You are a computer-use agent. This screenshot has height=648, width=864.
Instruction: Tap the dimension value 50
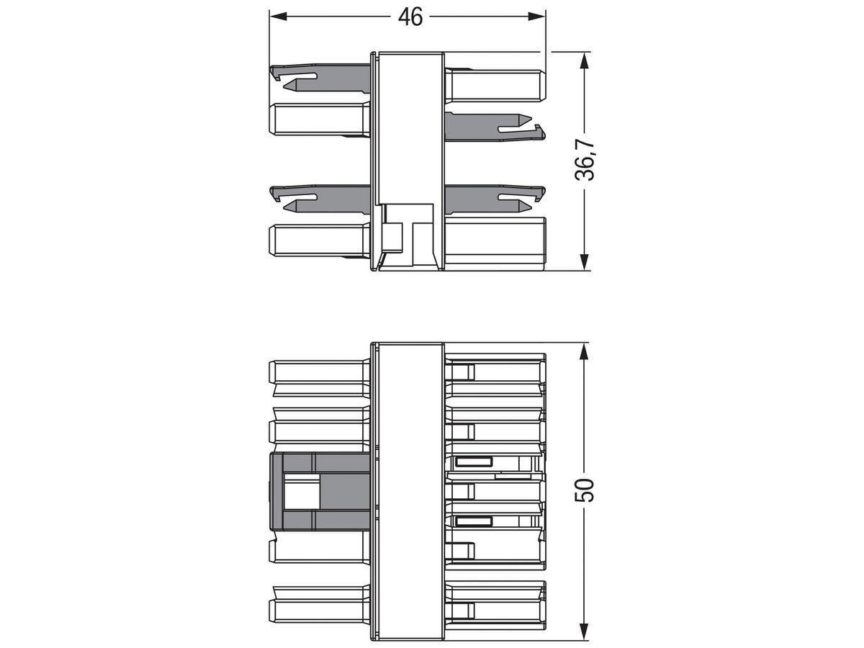[588, 490]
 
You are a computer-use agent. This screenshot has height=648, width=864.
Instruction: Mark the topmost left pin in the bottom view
[317, 372]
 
